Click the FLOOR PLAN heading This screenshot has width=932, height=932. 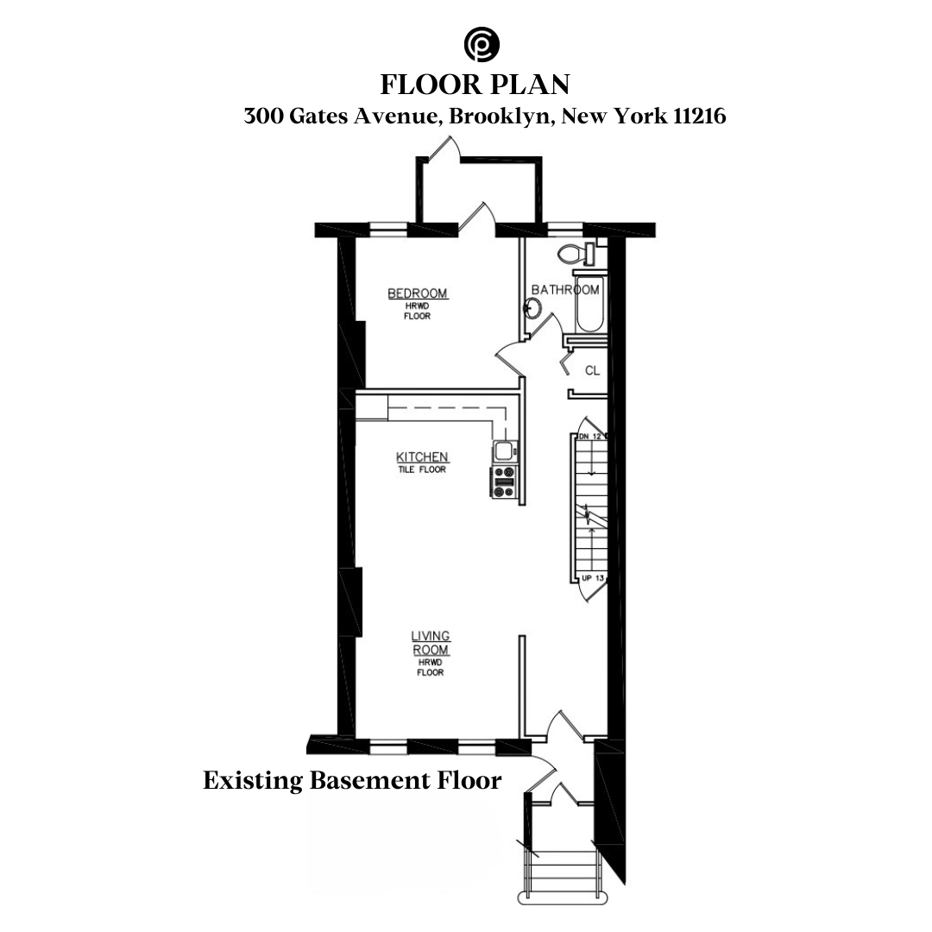click(x=475, y=85)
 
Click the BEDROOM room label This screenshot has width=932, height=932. click(x=417, y=294)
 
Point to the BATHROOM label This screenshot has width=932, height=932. click(x=565, y=290)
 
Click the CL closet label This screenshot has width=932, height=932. click(x=592, y=371)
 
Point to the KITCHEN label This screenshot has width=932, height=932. click(x=422, y=457)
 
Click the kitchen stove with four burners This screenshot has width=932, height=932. click(x=503, y=482)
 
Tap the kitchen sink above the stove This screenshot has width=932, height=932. click(x=503, y=450)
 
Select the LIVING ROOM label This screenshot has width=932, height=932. click(x=430, y=643)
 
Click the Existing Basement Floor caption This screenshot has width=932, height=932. click(x=352, y=781)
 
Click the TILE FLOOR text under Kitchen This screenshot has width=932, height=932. click(x=422, y=469)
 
